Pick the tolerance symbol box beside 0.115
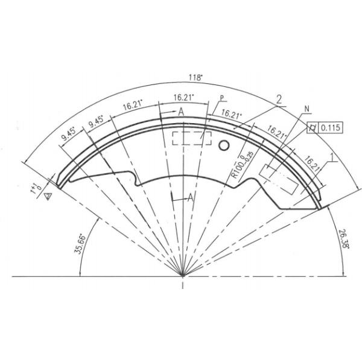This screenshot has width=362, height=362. [313, 127]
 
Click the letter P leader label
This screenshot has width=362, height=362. [221, 98]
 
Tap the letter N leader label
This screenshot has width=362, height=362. [306, 109]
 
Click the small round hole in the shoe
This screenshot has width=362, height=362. [224, 145]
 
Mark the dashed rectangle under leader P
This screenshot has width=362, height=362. [192, 138]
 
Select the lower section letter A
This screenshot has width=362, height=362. [191, 197]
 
